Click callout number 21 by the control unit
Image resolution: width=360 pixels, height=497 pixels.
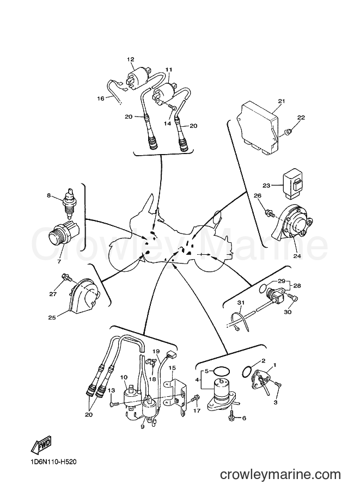tap(282, 101)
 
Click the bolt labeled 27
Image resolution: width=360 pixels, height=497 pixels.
tap(66, 276)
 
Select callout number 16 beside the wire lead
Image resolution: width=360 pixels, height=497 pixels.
tap(100, 99)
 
